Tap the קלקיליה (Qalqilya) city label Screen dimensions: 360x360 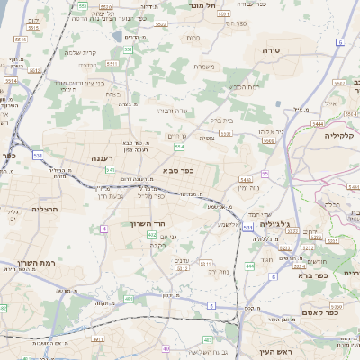click(x=342, y=135)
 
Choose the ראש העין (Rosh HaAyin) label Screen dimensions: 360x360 click(x=275, y=352)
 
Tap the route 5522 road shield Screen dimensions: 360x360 click(x=161, y=23)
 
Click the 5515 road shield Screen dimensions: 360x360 click(x=33, y=27)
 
